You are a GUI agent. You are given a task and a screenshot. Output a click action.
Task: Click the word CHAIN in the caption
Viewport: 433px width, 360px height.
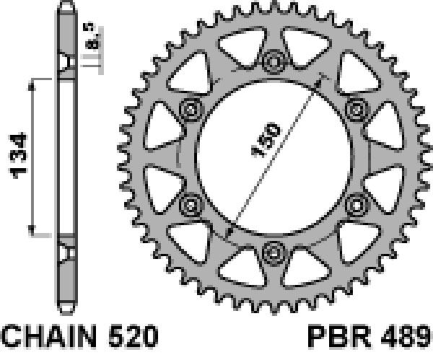pos(49,336)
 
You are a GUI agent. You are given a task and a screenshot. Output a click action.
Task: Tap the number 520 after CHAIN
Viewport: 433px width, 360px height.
pos(134,336)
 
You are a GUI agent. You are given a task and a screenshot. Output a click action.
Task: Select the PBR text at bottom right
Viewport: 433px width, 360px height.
pos(339,336)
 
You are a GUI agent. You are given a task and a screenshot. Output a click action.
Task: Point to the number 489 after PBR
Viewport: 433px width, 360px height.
pos(406,336)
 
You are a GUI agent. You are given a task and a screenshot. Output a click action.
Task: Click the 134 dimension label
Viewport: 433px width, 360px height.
pos(18,156)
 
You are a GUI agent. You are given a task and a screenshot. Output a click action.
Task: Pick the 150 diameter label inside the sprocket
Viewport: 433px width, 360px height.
pos(266,140)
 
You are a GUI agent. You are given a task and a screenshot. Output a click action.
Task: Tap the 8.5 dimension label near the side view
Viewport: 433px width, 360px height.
pos(89,37)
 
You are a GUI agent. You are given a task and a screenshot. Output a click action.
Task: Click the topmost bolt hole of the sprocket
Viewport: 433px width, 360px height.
pos(274,61)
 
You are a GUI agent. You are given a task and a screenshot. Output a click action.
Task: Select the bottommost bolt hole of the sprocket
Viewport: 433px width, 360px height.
pos(274,253)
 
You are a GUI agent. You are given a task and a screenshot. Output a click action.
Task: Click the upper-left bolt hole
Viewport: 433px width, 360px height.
pos(191,110)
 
